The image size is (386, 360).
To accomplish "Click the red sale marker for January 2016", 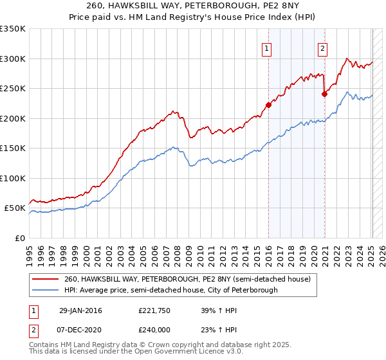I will pos(268,105).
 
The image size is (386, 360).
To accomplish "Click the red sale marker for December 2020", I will pos(324,94).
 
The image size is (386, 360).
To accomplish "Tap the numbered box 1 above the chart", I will pos(266,47).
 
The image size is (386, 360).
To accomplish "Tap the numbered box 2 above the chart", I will pos(322,47).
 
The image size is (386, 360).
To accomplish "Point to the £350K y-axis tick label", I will pos(13,29).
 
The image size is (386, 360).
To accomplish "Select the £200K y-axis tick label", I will pos(13,118).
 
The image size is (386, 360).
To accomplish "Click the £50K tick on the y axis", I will pos(15,208).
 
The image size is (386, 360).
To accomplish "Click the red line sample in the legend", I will pos(45,279).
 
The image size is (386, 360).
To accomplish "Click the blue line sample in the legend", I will pos(45,290).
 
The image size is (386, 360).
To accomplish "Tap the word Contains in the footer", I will pos(46,345).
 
